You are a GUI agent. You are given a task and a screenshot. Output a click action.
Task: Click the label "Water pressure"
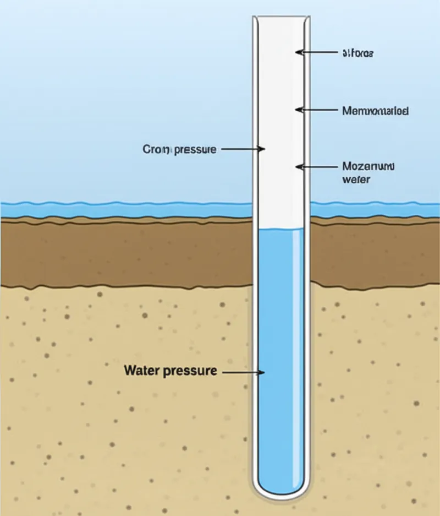pos(170,371)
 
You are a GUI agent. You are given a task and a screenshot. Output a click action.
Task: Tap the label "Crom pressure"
pos(179,149)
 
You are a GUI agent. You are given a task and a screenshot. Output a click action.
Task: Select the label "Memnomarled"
pos(375,111)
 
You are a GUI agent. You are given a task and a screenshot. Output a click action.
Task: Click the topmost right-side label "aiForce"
pos(358,53)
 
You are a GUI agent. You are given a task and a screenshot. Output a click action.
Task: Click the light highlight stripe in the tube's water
pos(298,352)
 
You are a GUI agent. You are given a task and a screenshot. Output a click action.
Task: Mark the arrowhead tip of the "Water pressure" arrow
pos(265,372)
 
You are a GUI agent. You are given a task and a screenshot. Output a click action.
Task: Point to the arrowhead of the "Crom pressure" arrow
pos(264,149)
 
